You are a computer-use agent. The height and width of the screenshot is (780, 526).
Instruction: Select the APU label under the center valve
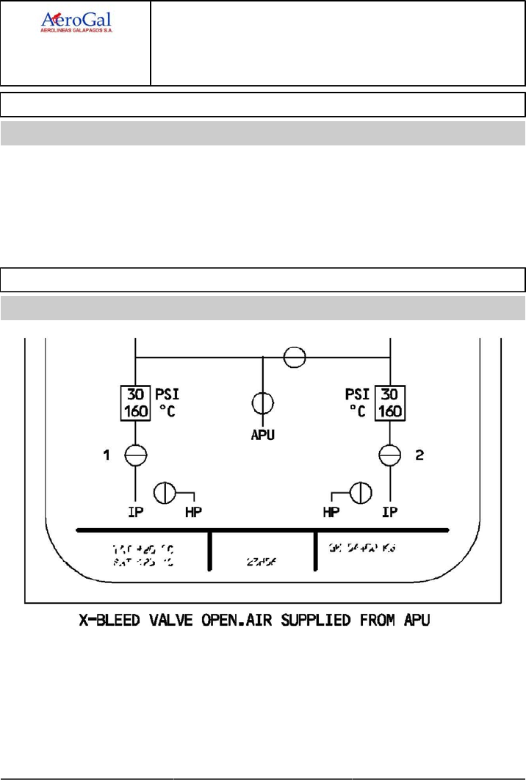263,434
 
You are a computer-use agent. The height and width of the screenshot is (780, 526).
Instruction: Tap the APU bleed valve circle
263,404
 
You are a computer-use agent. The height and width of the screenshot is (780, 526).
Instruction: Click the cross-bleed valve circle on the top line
295,357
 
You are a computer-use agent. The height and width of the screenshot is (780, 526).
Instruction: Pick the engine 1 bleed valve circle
135,455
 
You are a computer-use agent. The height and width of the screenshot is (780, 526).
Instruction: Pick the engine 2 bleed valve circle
390,455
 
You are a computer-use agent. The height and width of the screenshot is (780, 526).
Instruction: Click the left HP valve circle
164,492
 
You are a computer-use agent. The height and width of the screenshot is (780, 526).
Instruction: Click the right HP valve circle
361,492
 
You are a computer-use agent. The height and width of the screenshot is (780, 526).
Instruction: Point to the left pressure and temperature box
135,401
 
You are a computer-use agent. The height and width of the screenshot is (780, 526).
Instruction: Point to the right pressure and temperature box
390,401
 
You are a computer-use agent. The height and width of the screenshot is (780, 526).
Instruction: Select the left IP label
135,512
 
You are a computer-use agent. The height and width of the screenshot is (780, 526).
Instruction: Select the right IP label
390,512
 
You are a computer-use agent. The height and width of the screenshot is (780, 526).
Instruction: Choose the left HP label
194,512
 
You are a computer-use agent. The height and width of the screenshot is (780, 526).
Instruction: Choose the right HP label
332,512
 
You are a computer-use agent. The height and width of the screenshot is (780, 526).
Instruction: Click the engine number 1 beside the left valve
107,456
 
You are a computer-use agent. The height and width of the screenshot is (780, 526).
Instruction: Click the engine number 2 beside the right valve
419,456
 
